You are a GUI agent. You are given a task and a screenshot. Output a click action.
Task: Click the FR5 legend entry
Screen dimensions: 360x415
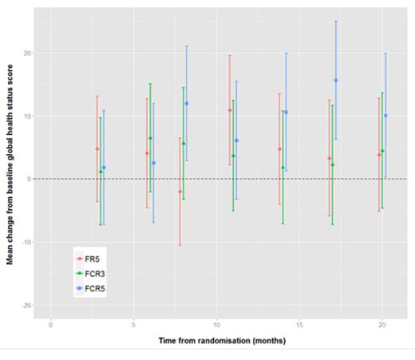coord(91,259)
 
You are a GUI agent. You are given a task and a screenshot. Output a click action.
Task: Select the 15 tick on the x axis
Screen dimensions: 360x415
coord(299,325)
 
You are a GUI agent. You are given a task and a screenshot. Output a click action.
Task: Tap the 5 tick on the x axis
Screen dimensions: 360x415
coord(133,325)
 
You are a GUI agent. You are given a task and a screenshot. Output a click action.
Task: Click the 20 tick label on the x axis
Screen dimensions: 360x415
coord(382,325)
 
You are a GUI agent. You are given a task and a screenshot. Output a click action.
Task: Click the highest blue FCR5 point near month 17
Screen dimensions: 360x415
coord(336,81)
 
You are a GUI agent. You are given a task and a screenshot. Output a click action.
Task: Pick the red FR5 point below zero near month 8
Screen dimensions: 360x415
coord(180,192)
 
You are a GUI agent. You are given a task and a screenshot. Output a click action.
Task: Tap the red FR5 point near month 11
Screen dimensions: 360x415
coord(230,110)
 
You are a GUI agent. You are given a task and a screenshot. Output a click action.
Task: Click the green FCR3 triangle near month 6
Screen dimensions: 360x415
coord(150,138)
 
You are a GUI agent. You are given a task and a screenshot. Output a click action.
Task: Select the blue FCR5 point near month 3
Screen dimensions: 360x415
coord(104,168)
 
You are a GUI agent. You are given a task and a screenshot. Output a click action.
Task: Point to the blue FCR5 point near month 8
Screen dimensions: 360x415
coord(187,104)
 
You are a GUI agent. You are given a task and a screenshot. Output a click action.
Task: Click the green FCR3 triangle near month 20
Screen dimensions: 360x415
coord(382,150)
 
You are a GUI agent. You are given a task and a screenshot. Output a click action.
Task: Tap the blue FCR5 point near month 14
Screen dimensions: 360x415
coord(286,113)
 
